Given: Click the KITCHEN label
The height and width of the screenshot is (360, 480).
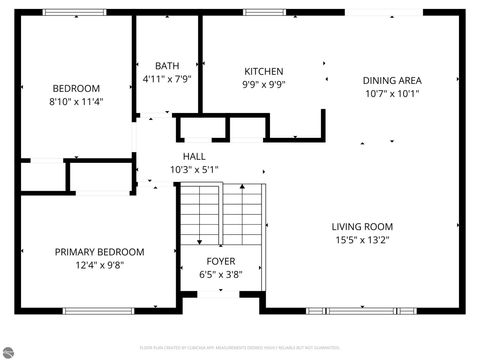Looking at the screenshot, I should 265,72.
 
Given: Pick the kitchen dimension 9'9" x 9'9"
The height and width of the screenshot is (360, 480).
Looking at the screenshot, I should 265,86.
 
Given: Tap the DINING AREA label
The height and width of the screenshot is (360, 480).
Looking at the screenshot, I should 392,81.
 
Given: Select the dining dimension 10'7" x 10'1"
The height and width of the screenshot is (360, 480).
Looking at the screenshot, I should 392,95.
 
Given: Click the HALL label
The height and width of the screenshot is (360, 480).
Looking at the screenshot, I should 194,156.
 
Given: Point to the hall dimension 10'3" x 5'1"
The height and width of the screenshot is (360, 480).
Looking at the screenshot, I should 194,170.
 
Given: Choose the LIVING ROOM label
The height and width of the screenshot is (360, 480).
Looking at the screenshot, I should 362,226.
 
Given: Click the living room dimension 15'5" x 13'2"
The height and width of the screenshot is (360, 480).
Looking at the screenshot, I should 362,240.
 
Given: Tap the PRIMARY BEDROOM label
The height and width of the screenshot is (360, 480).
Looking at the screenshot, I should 99,252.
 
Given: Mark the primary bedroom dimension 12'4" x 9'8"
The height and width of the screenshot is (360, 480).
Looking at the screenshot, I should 99,266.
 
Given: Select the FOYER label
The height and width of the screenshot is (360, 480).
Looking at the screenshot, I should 221,260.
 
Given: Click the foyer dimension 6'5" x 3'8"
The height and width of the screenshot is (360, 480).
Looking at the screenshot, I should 221,274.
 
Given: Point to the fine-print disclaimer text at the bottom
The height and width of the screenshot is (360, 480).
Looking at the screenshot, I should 240,346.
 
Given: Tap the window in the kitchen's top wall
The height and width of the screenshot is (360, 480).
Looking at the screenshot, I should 263,12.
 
